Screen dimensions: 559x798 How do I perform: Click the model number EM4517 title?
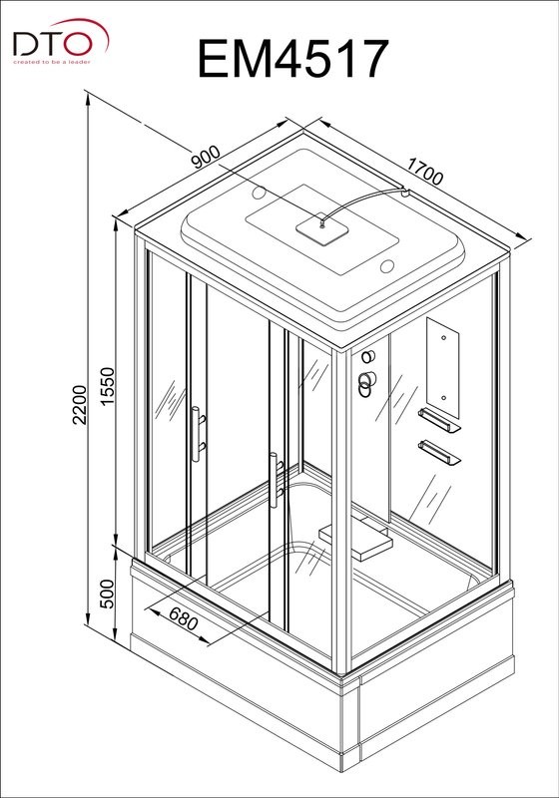pyautogui.click(x=292, y=59)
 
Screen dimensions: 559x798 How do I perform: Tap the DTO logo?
pyautogui.click(x=61, y=41)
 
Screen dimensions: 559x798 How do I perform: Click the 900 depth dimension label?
pyautogui.click(x=207, y=158)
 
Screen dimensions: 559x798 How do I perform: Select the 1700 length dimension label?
pyautogui.click(x=425, y=172)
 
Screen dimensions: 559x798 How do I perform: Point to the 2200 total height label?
pyautogui.click(x=80, y=405)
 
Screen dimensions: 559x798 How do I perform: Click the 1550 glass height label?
pyautogui.click(x=108, y=387)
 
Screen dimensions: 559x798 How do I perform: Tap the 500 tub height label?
pyautogui.click(x=108, y=594)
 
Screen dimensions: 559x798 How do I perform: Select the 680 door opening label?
pyautogui.click(x=183, y=618)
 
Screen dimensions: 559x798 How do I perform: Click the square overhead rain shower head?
pyautogui.click(x=322, y=229)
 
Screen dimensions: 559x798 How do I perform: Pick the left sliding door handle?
pyautogui.click(x=196, y=434)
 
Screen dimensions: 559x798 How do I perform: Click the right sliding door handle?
pyautogui.click(x=275, y=480)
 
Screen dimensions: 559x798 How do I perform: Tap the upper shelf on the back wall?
pyautogui.click(x=439, y=420)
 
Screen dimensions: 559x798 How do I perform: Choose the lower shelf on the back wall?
pyautogui.click(x=439, y=453)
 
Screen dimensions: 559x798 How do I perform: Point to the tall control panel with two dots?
pyautogui.click(x=442, y=368)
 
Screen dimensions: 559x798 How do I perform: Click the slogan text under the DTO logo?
pyautogui.click(x=52, y=62)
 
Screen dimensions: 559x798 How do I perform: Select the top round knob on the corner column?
pyautogui.click(x=368, y=356)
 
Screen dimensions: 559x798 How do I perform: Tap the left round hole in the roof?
pyautogui.click(x=260, y=193)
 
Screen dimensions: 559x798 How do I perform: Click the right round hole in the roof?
pyautogui.click(x=387, y=266)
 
